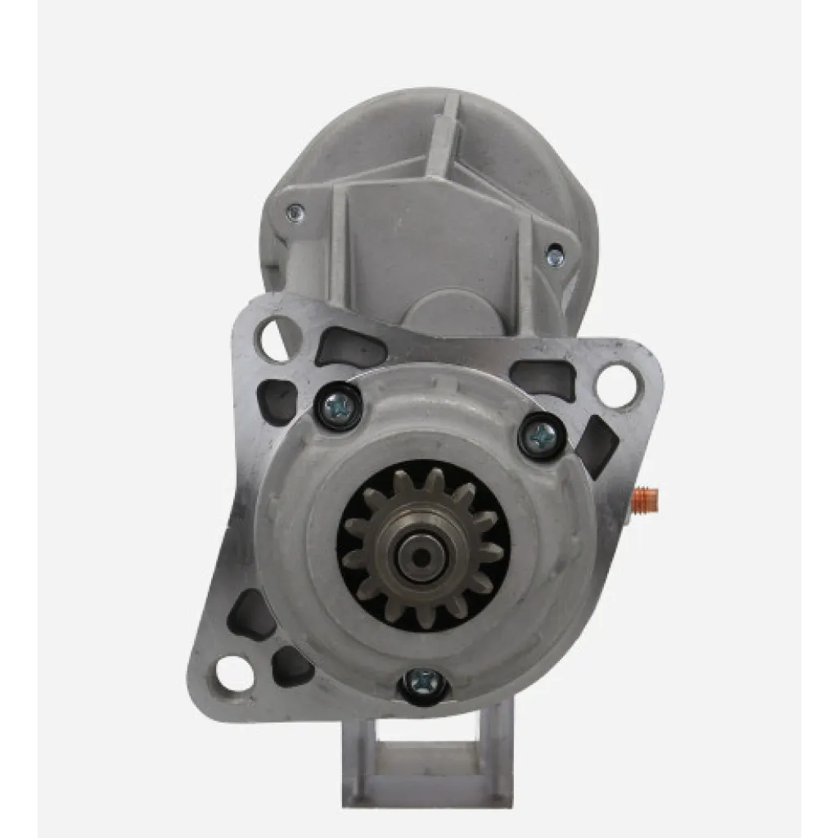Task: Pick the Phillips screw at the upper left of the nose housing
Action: [x=337, y=405]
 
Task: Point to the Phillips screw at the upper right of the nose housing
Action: [x=542, y=436]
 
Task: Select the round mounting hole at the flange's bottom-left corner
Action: [x=236, y=673]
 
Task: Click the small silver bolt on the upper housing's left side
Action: [x=295, y=214]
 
